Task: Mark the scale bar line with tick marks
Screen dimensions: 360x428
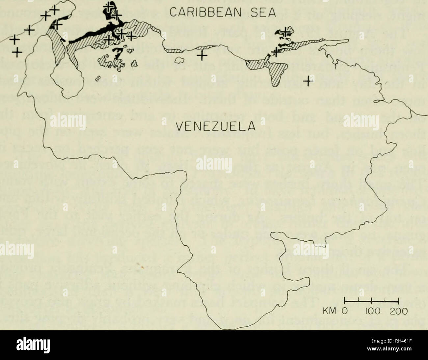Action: pos(371,300)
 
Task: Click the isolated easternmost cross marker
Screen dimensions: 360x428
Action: pos(308,80)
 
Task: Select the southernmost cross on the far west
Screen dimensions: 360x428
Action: pos(17,51)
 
